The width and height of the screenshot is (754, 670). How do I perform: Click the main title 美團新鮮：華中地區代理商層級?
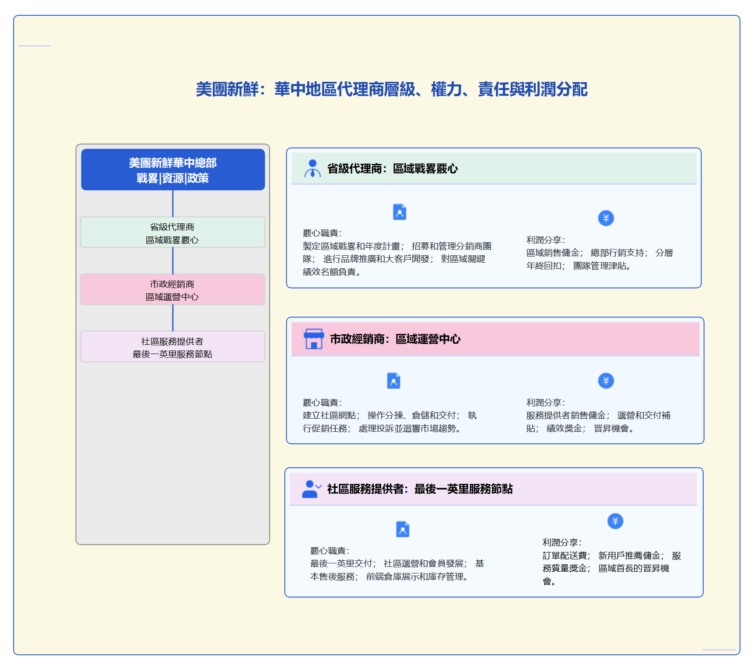391,90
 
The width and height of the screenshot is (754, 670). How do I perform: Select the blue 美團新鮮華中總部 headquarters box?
173,170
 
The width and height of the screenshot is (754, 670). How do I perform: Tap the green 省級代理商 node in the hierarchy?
172,233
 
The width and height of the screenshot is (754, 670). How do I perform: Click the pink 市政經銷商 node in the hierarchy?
172,290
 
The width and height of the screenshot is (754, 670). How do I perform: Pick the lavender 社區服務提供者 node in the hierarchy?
172,347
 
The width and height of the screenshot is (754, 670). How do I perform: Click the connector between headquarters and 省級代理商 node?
173,204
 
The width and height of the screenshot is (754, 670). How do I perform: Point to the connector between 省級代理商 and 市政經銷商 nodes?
173,261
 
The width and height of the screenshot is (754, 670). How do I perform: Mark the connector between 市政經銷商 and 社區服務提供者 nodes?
173,318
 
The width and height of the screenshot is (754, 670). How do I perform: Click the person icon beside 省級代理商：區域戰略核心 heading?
312,168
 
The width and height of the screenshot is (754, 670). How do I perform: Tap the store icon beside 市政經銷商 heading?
313,339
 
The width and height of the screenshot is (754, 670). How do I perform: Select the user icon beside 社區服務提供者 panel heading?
311,489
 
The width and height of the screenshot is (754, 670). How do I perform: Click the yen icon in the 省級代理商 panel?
606,218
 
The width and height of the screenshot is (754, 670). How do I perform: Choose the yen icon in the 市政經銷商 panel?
606,381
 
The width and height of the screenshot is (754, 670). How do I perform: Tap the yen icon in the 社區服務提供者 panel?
615,521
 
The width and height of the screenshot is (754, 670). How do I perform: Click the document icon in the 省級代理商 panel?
400,212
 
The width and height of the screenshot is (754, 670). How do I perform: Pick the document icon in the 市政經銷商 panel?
393,381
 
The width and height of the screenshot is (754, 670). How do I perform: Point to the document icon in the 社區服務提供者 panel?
403,529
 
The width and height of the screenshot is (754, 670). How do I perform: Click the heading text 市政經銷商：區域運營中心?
395,339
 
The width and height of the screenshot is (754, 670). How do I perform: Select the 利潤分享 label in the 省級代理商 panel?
545,240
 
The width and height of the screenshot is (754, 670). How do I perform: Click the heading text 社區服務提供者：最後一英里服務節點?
420,489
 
